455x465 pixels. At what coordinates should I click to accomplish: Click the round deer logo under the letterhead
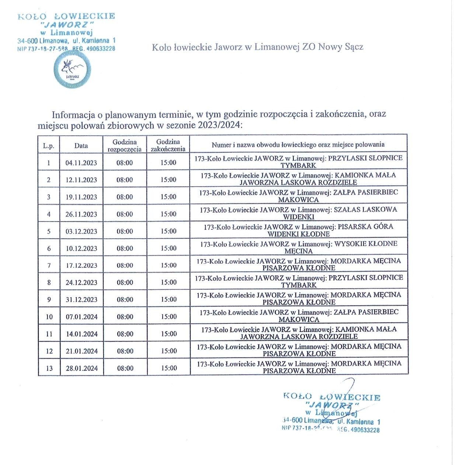click(72, 70)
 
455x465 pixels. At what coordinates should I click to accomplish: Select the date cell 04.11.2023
click(81, 163)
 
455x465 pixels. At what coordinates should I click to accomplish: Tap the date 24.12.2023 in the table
click(81, 282)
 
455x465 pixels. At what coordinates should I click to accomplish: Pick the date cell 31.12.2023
click(81, 299)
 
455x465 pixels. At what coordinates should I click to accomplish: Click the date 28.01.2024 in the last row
click(82, 368)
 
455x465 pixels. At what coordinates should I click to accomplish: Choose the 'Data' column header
click(81, 145)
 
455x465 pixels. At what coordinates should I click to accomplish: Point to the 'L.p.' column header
click(49, 146)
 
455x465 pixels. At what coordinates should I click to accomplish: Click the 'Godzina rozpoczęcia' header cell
click(125, 145)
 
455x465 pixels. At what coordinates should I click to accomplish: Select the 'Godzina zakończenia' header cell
click(168, 145)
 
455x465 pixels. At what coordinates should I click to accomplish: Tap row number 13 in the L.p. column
click(49, 368)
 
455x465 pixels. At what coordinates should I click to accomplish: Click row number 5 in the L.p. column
click(49, 232)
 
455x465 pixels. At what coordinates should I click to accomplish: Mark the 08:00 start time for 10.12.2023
click(125, 249)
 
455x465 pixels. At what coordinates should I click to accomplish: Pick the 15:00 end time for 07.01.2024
click(169, 316)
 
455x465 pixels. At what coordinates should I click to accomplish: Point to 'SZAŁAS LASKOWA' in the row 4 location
click(365, 209)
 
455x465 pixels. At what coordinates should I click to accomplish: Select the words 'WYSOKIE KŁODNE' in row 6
click(366, 244)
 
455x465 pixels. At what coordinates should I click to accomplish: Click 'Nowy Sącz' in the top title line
click(341, 47)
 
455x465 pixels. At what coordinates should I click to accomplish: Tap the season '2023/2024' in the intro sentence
click(219, 125)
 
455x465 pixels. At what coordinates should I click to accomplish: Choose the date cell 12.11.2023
click(81, 180)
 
